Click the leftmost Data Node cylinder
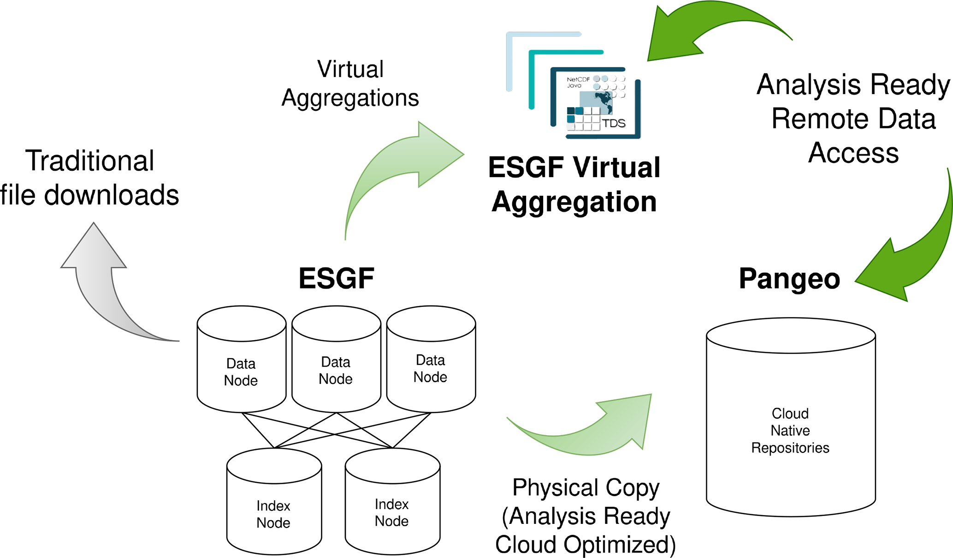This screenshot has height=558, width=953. coord(241,359)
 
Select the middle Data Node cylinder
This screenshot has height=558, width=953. coord(336,359)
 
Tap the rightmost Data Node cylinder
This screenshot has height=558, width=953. coord(431,359)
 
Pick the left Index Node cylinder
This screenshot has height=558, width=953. coord(274,501)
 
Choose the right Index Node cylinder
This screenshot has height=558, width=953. coord(392,501)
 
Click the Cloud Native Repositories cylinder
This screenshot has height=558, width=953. coord(791,417)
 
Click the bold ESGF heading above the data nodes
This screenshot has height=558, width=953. coord(336,278)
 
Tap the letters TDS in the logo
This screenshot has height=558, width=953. coord(614,123)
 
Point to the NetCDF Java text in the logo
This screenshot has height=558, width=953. coord(578,82)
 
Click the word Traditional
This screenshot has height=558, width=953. coord(89,161)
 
